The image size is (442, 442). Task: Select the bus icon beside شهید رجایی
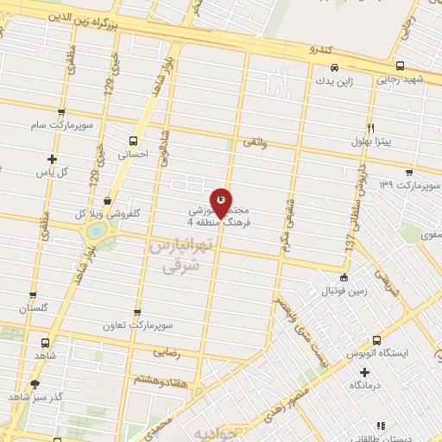tap(399, 66)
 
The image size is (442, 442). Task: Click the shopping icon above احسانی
tap(132, 140)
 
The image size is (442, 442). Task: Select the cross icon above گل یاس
tap(53, 159)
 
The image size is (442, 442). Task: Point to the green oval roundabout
tap(97, 231)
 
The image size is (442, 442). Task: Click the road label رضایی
tap(165, 352)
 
